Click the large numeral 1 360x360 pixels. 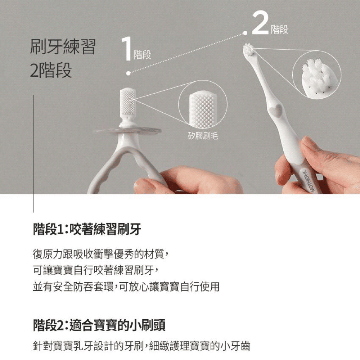pyautogui.click(x=126, y=49)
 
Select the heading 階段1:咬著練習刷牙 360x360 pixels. pyautogui.click(x=87, y=229)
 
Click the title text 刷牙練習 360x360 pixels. pyautogui.click(x=63, y=46)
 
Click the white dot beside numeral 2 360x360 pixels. pyautogui.click(x=245, y=33)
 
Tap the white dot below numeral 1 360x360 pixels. pyautogui.click(x=129, y=73)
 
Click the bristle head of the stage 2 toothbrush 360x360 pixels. pyautogui.click(x=249, y=49)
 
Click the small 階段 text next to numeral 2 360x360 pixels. pyautogui.click(x=279, y=30)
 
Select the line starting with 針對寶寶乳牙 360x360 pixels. pyautogui.click(x=141, y=346)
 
